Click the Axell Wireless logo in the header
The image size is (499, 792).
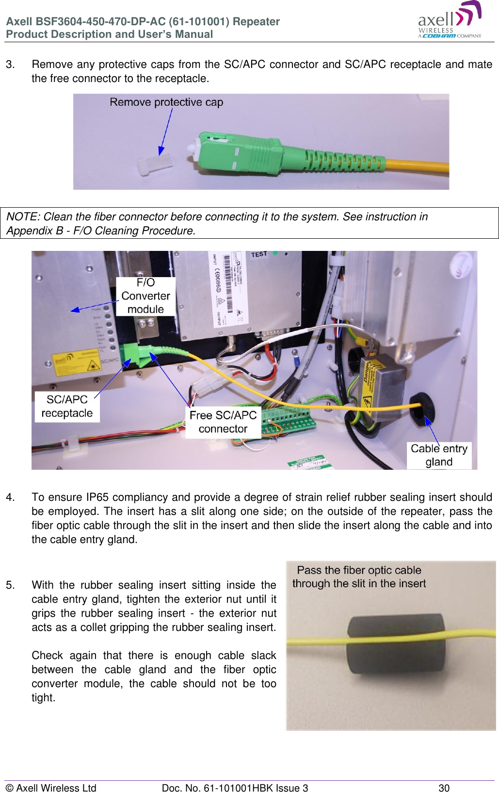449,20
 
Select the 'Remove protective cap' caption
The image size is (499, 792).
166,102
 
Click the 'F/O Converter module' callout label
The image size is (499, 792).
145,296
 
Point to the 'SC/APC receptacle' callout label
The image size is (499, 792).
67,406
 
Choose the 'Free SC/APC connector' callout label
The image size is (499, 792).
223,422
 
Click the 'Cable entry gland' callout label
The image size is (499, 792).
439,455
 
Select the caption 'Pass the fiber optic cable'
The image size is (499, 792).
359,570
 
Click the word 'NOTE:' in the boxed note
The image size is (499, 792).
23,217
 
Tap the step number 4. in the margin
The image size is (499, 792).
10,497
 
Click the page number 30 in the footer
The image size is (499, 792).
444,788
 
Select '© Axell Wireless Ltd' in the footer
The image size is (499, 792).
51,788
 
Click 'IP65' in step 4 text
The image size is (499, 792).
97,497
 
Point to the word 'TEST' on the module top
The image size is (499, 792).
259,254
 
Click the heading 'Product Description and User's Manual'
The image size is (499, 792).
110,34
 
